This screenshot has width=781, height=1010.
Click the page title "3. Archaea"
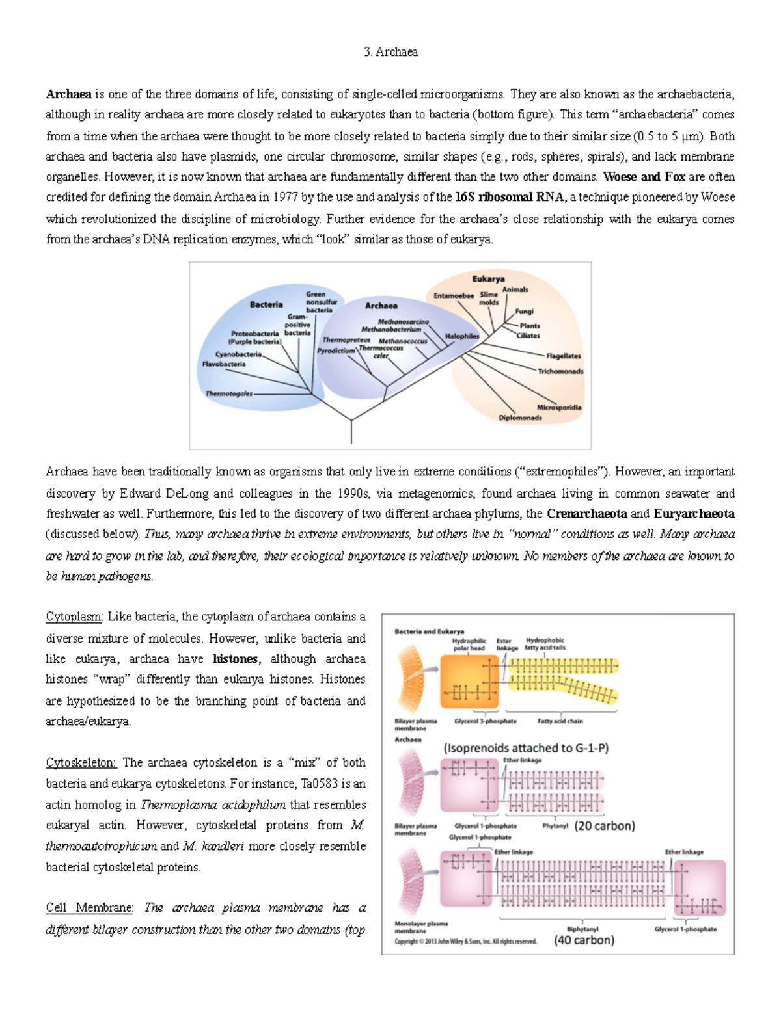click(390, 52)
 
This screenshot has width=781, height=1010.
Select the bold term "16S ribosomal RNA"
click(510, 197)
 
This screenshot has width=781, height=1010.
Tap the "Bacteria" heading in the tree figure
click(266, 304)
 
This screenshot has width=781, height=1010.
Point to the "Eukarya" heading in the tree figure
click(488, 279)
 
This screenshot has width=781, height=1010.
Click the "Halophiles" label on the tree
click(461, 336)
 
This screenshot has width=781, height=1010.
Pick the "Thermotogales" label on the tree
click(228, 393)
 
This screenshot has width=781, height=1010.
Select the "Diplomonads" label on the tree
click(520, 418)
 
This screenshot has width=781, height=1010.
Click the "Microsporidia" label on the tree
click(558, 407)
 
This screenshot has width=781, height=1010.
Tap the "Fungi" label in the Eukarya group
click(524, 312)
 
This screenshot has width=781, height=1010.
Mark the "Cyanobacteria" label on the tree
click(238, 354)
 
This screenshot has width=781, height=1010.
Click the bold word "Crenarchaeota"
click(587, 514)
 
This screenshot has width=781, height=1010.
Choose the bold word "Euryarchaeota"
click(694, 514)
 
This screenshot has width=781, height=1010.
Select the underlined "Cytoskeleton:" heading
click(81, 763)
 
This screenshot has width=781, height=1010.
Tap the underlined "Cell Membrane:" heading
click(89, 908)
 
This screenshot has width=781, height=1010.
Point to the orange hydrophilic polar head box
click(469, 681)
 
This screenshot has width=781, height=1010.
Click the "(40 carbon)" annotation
click(584, 940)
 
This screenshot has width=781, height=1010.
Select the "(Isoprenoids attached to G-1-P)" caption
click(526, 748)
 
